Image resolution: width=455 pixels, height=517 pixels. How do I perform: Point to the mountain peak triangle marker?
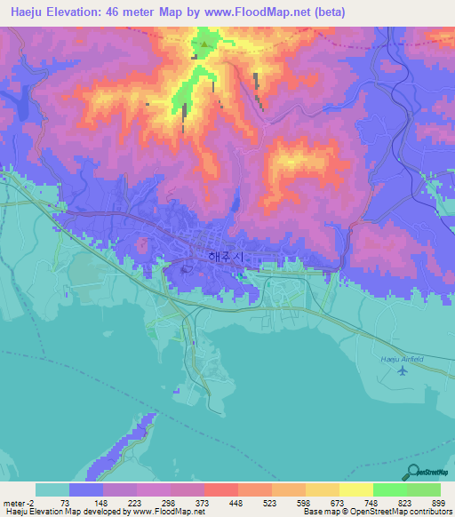(204, 42)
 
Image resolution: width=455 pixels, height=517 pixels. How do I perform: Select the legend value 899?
(439, 502)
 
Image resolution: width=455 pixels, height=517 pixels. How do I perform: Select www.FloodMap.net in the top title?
(263, 12)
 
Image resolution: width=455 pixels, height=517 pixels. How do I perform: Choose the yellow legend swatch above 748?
(355, 489)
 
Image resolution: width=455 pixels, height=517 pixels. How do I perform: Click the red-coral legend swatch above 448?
(220, 489)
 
